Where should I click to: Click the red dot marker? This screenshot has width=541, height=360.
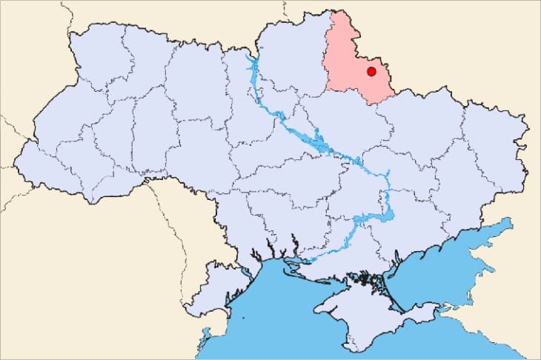(x=371, y=71)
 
